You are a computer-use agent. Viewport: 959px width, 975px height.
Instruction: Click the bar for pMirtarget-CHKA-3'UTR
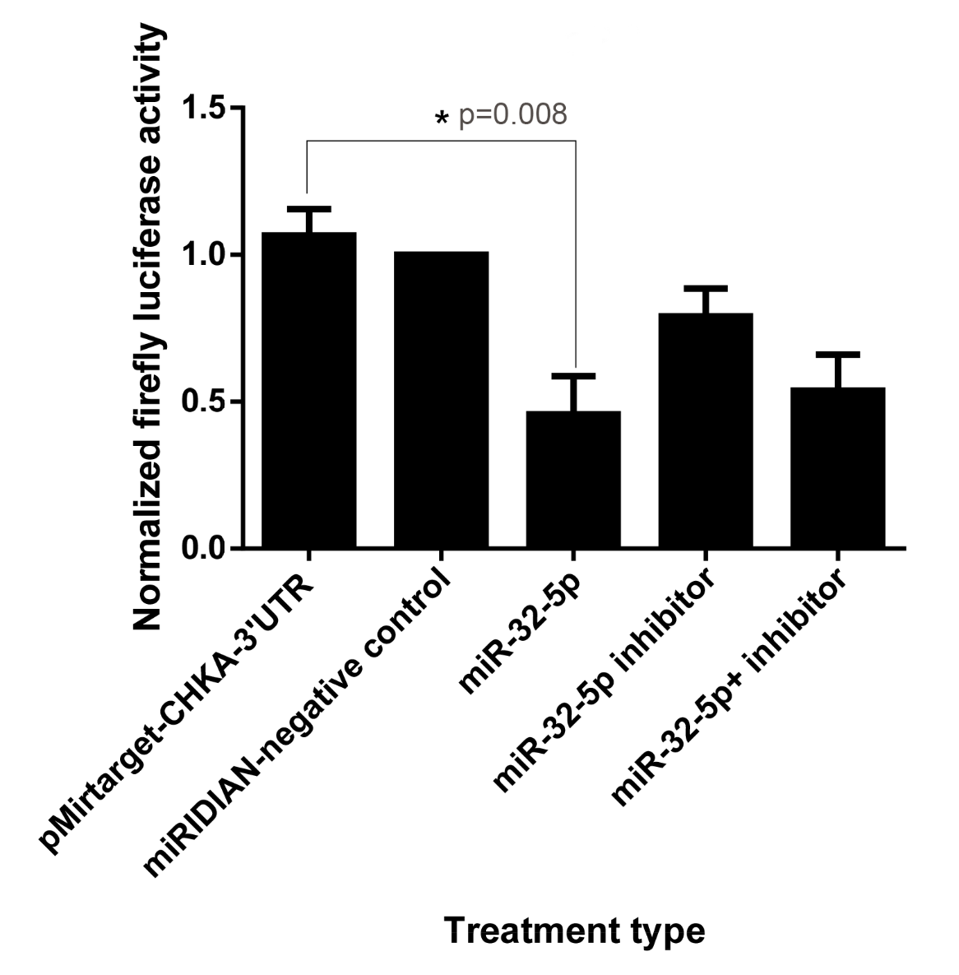[308, 390]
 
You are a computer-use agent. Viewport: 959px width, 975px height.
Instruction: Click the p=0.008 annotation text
[512, 115]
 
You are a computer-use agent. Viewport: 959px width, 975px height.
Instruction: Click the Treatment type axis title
[575, 931]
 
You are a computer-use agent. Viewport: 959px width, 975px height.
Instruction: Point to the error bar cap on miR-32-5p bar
[573, 376]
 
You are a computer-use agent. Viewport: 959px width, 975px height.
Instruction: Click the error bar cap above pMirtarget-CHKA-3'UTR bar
[308, 208]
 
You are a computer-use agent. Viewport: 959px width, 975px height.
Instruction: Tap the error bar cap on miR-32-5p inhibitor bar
[706, 288]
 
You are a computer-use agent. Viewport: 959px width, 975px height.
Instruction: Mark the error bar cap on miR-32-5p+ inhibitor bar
[837, 355]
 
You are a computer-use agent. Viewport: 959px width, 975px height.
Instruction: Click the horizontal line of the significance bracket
[441, 141]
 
